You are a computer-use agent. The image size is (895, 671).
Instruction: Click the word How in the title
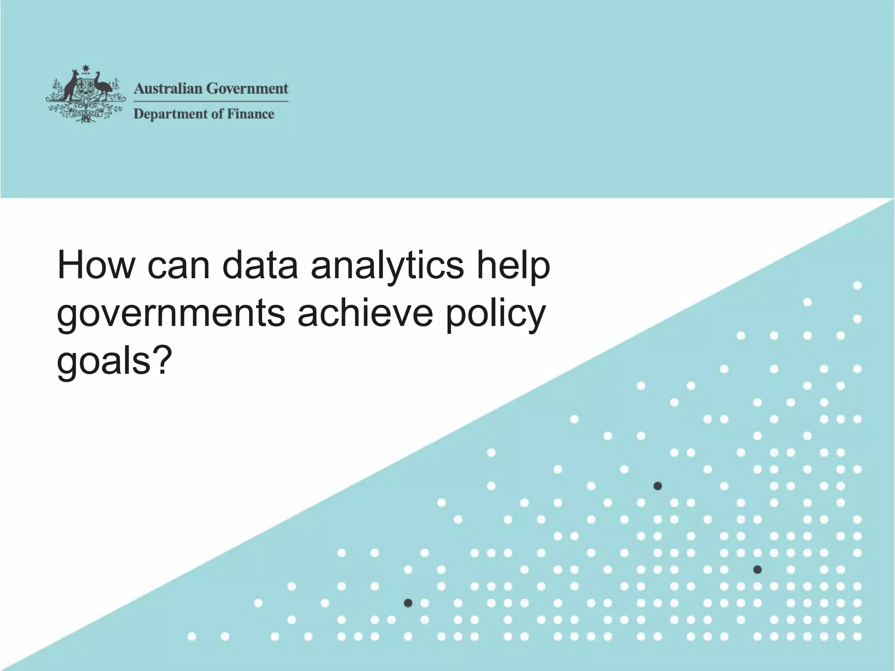click(95, 266)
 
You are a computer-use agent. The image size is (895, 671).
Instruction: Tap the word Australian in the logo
click(168, 89)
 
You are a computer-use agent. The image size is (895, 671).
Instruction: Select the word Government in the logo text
click(247, 89)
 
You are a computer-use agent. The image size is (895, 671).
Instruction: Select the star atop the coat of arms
click(86, 69)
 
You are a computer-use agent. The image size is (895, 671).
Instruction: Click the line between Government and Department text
click(211, 101)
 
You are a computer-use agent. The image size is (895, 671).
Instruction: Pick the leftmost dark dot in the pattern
click(408, 603)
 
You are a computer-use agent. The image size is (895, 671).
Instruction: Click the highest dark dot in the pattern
click(657, 486)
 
